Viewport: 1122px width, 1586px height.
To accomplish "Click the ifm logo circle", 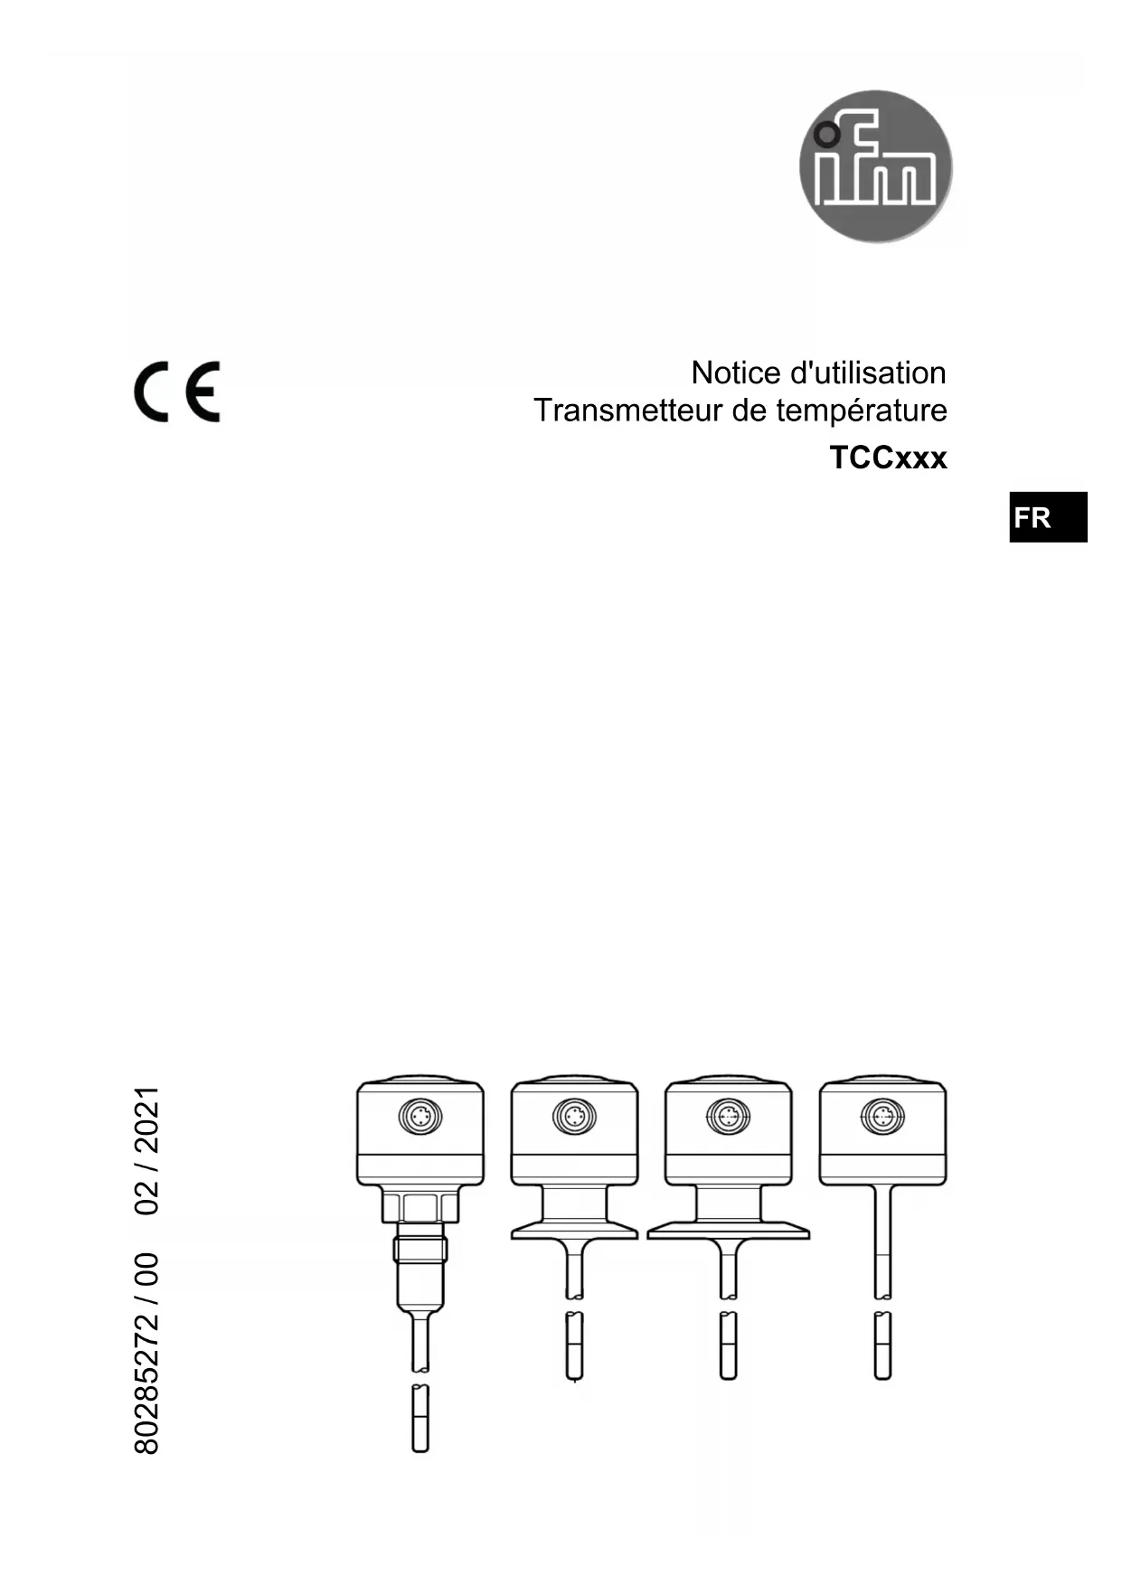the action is [x=875, y=166].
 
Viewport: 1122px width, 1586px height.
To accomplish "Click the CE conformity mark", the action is [x=177, y=392].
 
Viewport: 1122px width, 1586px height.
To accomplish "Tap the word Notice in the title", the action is [x=736, y=373].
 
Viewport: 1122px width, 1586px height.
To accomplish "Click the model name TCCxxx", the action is [x=888, y=458].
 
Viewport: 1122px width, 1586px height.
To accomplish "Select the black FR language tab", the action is [x=1047, y=517].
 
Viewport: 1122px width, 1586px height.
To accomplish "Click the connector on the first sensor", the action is [x=420, y=1117].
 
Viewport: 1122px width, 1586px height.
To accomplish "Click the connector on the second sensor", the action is [x=573, y=1117].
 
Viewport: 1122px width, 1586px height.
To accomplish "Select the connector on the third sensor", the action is [x=728, y=1117].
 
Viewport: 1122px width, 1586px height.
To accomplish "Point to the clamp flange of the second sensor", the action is [x=574, y=1231].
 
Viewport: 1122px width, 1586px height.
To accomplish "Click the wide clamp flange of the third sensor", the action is [x=728, y=1231].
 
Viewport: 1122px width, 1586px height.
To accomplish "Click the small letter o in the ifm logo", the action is [x=825, y=136].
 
